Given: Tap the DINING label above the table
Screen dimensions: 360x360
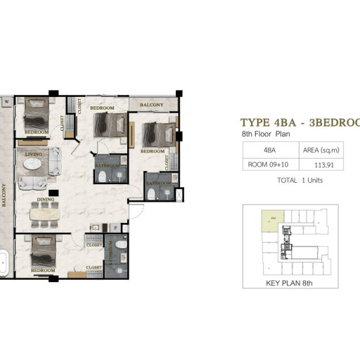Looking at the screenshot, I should coord(46,200).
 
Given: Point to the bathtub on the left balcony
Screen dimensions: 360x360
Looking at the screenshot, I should coord(4,264).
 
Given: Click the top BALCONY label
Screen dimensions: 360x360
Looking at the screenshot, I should coord(152,105).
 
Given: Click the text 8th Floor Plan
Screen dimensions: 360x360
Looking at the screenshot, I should coord(266,133).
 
